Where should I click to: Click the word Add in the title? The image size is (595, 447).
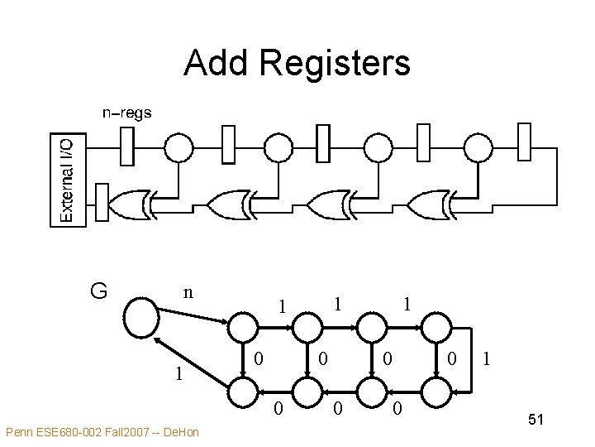[x=217, y=63]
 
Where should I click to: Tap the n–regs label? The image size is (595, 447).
[x=126, y=113]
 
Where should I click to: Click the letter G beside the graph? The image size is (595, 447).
[x=98, y=291]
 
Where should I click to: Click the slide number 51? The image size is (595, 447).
[x=535, y=421]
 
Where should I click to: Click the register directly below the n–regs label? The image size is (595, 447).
[x=126, y=147]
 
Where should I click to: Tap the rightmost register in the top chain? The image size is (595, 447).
[x=523, y=142]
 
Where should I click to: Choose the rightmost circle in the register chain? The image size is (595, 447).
[x=477, y=147]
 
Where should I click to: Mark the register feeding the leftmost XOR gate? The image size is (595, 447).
[x=102, y=204]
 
